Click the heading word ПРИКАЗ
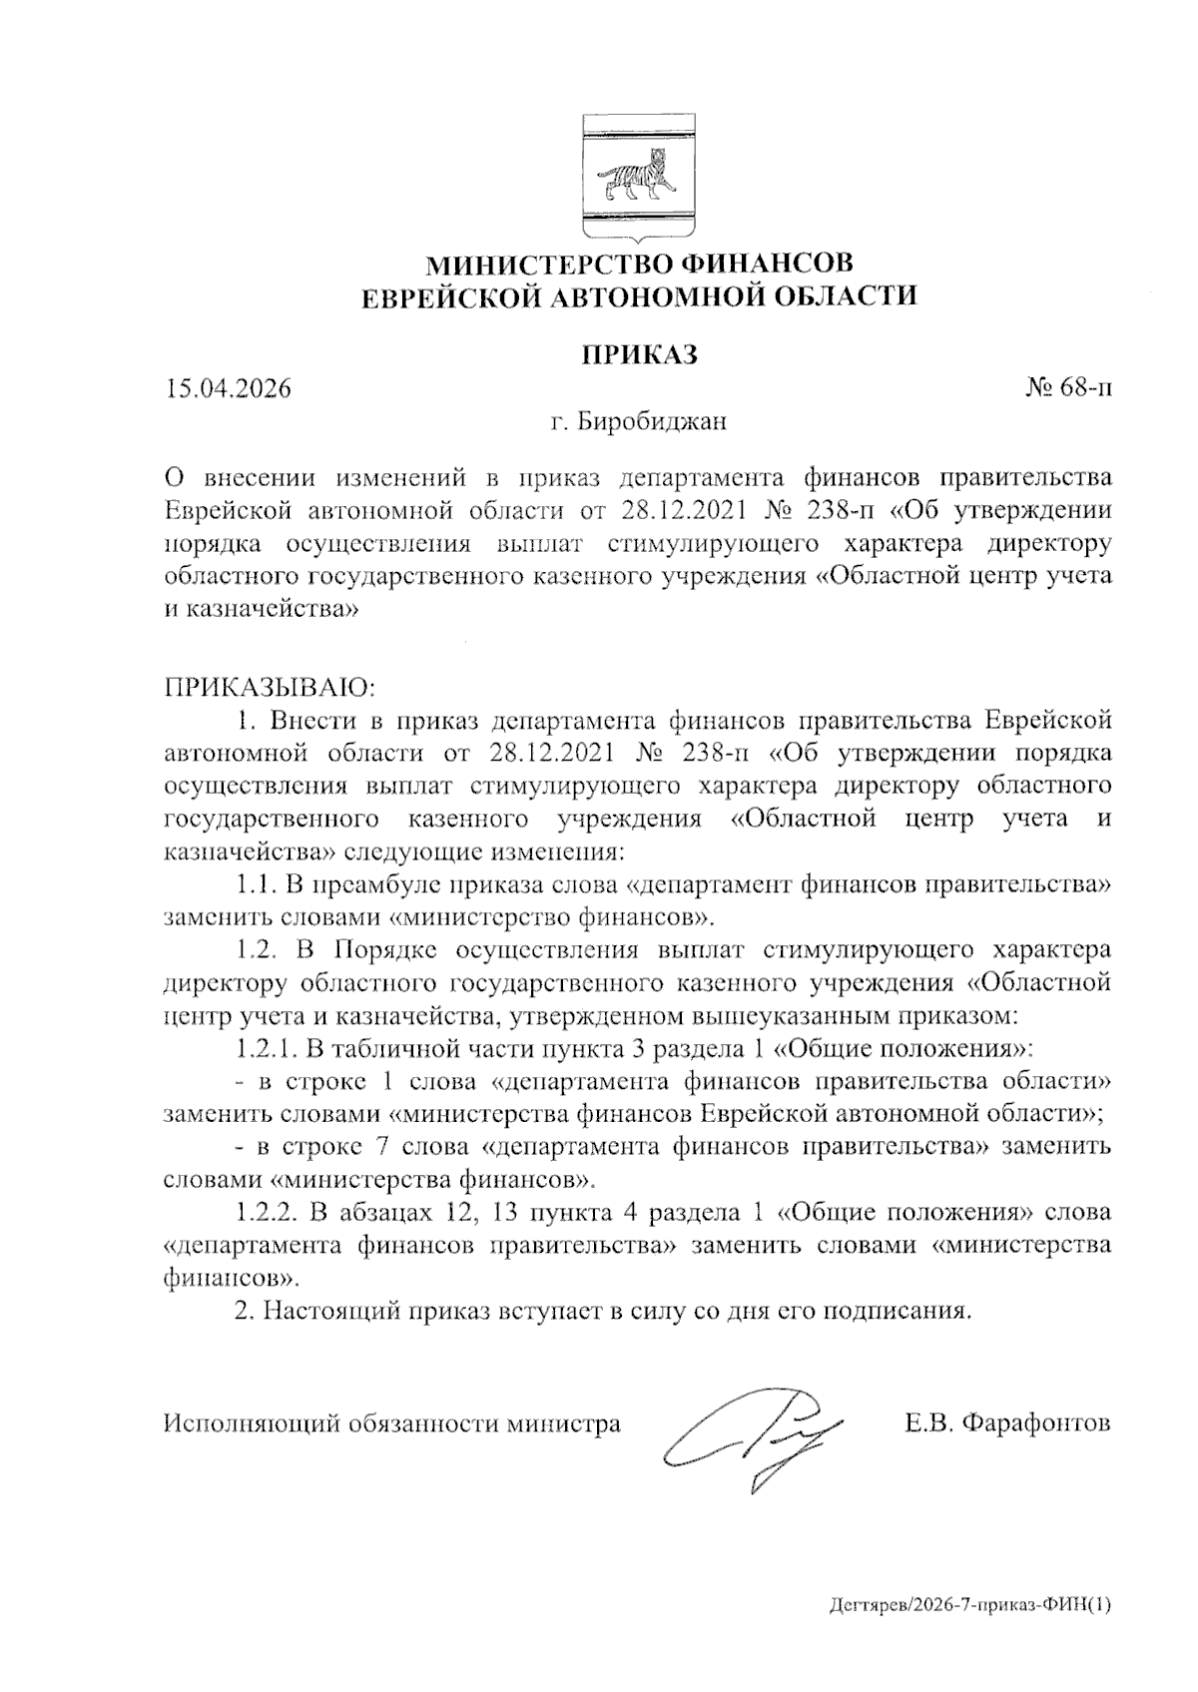pyautogui.click(x=638, y=354)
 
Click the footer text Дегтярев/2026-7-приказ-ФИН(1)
pyautogui.click(x=968, y=1605)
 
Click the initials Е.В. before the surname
pyautogui.click(x=930, y=1423)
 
